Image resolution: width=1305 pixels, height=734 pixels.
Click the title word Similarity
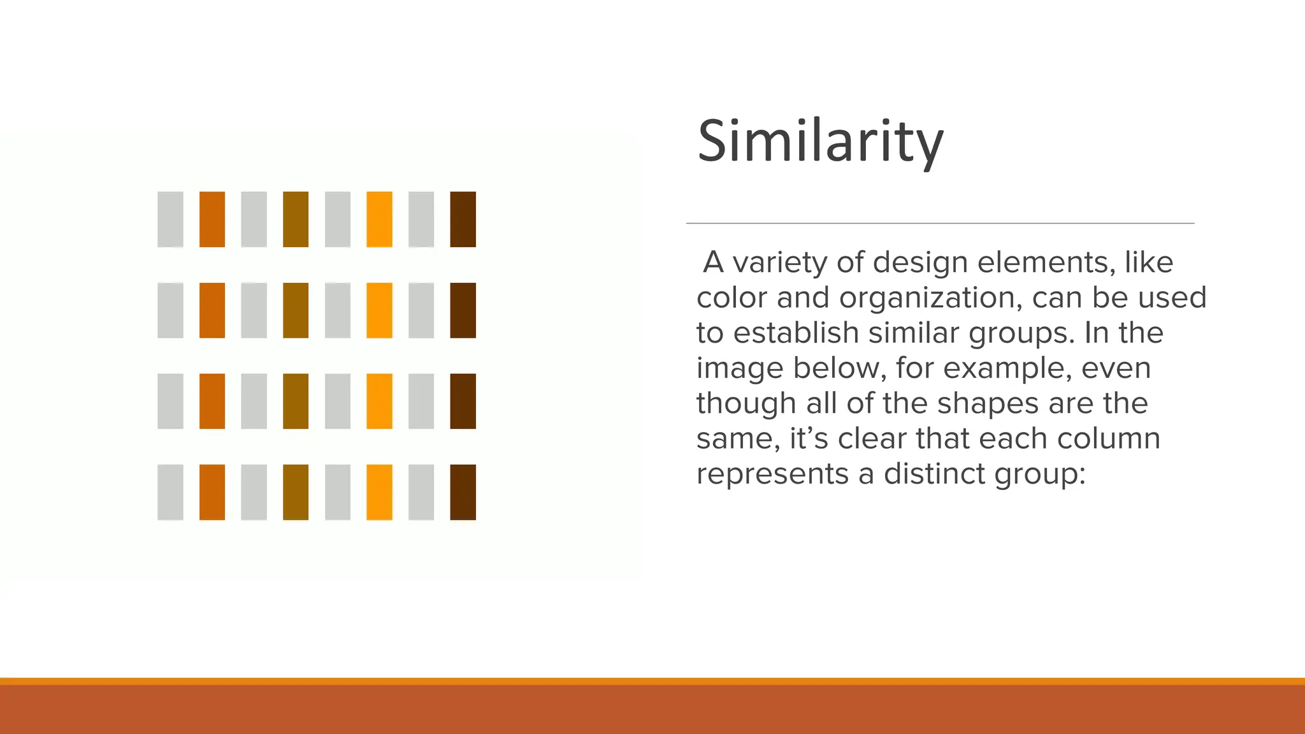(x=820, y=141)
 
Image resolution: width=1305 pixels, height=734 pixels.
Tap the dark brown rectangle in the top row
(x=463, y=219)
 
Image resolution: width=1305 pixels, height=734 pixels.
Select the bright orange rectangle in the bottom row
(x=379, y=492)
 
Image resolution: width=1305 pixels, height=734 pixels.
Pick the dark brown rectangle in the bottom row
(x=463, y=492)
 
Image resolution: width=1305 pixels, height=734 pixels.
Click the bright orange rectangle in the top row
(x=379, y=219)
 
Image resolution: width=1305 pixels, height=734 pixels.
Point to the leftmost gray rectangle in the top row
(x=170, y=219)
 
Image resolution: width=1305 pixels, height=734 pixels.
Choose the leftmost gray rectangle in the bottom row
(x=170, y=492)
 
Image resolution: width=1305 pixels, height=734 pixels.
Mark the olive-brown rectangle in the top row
(x=296, y=219)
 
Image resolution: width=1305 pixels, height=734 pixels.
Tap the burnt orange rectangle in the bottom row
(x=212, y=492)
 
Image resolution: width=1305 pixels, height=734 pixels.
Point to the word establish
(x=796, y=333)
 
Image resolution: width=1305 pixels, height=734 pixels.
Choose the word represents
(x=773, y=473)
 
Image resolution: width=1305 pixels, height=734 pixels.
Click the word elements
(x=1046, y=262)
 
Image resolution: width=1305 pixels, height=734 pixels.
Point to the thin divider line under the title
(x=940, y=224)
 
